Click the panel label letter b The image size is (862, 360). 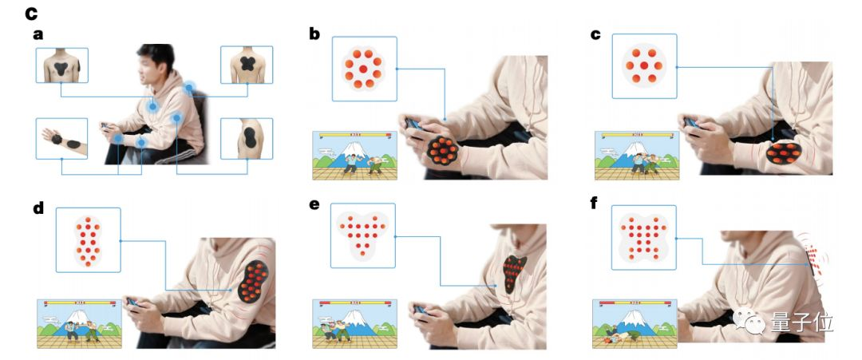click(315, 33)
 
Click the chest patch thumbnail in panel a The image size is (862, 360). click(61, 65)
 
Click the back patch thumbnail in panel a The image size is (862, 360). click(247, 65)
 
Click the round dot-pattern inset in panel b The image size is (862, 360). click(364, 68)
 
